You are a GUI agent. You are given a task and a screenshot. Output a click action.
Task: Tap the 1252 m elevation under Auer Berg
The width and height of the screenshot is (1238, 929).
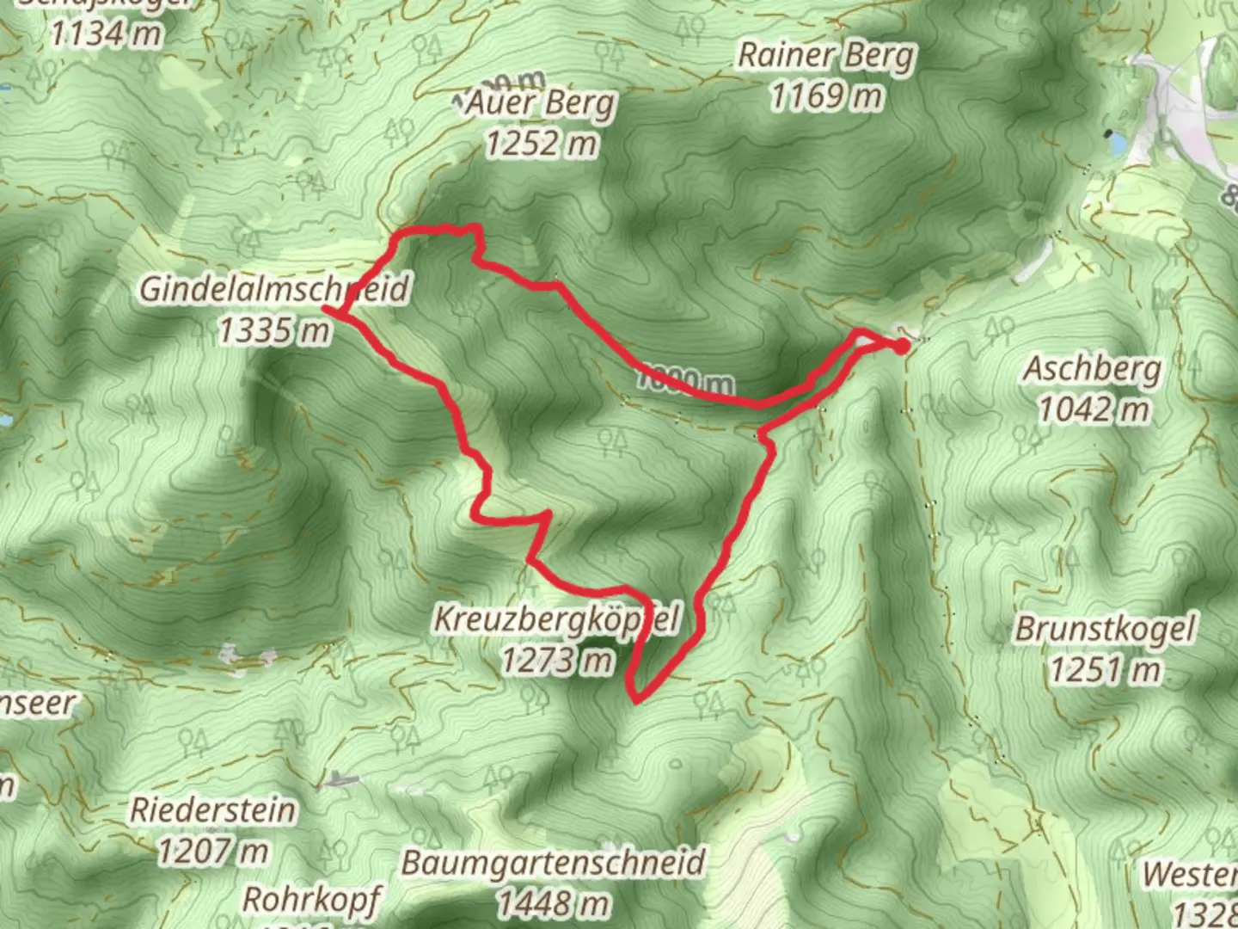(x=541, y=143)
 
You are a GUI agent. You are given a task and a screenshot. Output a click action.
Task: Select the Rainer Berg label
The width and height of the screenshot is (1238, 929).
(x=827, y=56)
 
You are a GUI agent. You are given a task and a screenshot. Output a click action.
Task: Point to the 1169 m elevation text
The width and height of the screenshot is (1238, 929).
(x=825, y=96)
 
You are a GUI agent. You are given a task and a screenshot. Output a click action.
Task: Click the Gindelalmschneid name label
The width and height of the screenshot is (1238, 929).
(x=273, y=289)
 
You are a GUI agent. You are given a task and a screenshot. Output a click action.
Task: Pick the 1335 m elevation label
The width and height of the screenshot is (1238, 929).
(x=273, y=329)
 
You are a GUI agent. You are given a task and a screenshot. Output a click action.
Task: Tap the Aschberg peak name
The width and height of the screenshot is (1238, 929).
(x=1092, y=370)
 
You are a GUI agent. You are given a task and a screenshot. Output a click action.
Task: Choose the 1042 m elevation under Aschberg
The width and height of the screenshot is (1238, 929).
(x=1094, y=409)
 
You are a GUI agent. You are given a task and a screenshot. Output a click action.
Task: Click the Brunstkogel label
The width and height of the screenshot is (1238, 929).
(x=1105, y=629)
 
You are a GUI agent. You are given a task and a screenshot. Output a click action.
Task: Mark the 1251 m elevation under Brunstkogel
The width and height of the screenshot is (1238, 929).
(x=1105, y=669)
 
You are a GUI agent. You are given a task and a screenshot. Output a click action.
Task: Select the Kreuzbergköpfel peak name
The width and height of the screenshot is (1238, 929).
(x=556, y=618)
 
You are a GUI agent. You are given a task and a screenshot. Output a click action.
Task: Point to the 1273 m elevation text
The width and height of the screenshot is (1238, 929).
(x=558, y=660)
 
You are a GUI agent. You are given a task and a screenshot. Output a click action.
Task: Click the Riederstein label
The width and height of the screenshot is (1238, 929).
(x=212, y=810)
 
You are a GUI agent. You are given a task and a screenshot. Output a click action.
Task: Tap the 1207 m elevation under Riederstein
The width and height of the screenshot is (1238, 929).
(x=212, y=851)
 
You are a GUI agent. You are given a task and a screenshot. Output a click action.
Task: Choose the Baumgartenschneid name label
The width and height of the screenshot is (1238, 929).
(x=553, y=863)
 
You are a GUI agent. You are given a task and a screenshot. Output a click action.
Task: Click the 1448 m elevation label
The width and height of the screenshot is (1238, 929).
(x=553, y=902)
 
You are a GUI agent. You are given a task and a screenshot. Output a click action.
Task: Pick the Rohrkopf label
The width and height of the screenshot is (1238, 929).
(x=311, y=900)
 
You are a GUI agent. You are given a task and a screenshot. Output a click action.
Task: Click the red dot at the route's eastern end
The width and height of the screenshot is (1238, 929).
(x=900, y=346)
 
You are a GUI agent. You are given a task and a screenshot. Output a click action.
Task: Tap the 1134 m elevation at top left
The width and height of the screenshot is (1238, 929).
(x=106, y=34)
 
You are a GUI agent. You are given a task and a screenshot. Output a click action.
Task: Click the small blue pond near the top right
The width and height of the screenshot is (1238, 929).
(x=1116, y=142)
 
